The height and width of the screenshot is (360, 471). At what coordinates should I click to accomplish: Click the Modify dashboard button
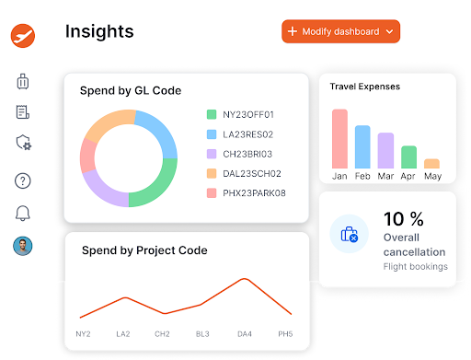[x=340, y=31]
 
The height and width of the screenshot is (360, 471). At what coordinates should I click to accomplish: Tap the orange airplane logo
[x=23, y=36]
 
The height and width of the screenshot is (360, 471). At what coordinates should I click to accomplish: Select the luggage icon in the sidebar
[x=23, y=81]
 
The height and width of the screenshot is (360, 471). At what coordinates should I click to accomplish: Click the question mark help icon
[x=23, y=180]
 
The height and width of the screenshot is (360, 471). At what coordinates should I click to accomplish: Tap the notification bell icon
[x=23, y=214]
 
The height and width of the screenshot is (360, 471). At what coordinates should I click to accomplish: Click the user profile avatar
[x=23, y=246]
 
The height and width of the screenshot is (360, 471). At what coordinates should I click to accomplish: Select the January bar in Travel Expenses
[x=340, y=139]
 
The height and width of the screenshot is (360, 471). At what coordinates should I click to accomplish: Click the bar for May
[x=431, y=163]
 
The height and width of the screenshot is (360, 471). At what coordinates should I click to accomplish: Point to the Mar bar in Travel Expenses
[x=385, y=151]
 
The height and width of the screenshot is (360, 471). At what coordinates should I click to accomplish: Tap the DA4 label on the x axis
[x=244, y=333]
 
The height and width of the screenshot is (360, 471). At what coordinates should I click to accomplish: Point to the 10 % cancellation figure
[x=403, y=219]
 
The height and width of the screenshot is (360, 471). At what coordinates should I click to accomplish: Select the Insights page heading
[x=99, y=31]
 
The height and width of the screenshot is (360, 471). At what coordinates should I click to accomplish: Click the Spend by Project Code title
[x=144, y=250]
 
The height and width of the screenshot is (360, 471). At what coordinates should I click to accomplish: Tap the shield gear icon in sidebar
[x=24, y=143]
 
